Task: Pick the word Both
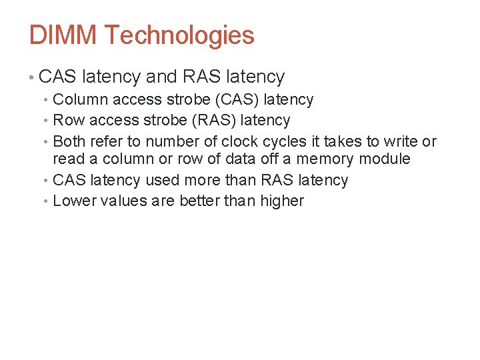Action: point(69,141)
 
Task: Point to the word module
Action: point(385,159)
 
